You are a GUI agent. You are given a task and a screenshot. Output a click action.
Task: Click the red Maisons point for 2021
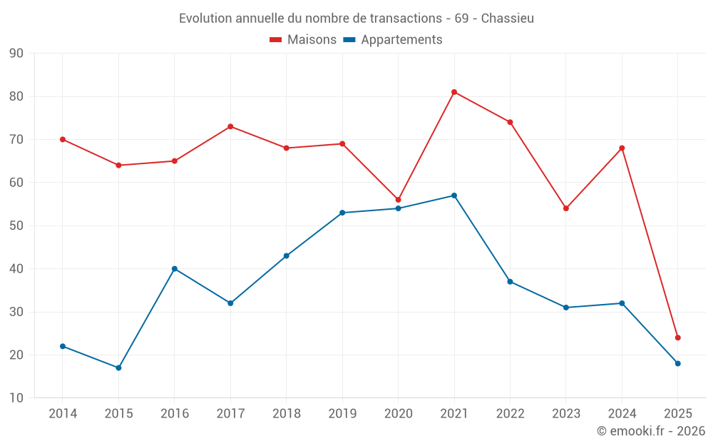(454, 92)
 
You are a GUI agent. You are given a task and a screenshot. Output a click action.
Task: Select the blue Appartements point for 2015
(118, 368)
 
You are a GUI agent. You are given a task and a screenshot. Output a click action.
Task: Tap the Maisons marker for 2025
(678, 338)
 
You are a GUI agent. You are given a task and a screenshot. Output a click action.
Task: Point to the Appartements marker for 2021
(454, 196)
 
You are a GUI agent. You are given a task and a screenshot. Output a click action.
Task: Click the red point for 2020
(399, 200)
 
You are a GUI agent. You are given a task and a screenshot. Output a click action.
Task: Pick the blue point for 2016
(175, 269)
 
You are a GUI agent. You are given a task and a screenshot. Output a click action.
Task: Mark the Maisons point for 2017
(230, 126)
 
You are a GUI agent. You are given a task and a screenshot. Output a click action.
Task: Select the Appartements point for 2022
(511, 282)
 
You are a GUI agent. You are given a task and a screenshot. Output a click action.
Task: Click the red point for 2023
(566, 208)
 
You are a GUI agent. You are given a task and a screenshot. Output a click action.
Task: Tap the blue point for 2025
(678, 363)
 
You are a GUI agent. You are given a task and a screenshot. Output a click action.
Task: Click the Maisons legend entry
(303, 40)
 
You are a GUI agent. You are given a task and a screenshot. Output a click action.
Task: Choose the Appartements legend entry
(393, 40)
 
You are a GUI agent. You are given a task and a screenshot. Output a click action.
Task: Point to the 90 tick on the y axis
(16, 54)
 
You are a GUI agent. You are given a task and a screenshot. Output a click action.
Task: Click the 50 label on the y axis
(16, 225)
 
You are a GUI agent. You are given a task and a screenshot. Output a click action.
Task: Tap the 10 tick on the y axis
(16, 398)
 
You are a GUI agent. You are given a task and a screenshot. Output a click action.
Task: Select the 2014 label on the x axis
(63, 414)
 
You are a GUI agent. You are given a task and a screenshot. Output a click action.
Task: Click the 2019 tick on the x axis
(342, 414)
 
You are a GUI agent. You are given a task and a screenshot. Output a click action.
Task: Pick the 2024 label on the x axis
(622, 414)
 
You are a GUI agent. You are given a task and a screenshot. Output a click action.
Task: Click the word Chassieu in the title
(508, 19)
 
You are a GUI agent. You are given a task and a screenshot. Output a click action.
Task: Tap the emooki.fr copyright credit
(651, 431)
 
